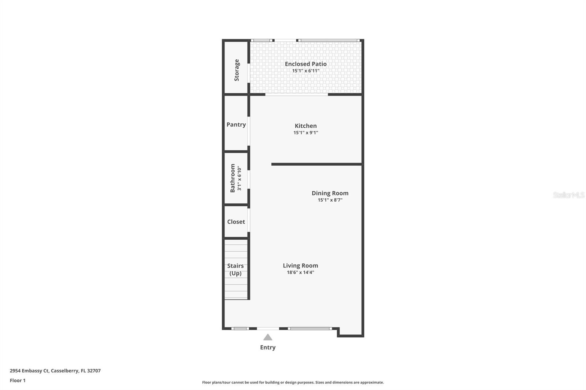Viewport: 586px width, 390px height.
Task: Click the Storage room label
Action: point(237,70)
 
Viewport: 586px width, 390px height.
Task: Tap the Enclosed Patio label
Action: point(305,64)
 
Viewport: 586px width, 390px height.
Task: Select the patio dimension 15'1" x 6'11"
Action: point(305,71)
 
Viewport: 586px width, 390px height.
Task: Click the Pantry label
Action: point(236,124)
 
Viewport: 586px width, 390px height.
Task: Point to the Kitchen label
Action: point(305,126)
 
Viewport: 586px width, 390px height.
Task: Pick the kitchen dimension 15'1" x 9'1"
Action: point(305,133)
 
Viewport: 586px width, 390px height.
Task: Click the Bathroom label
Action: point(233,178)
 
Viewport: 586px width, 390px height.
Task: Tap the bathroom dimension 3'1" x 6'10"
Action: point(240,179)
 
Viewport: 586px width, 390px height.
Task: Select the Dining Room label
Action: point(330,193)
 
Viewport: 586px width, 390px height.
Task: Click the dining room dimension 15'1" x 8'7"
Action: point(330,200)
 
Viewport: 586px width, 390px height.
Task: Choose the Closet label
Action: point(236,222)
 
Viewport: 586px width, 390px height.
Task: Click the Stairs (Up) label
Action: point(235,270)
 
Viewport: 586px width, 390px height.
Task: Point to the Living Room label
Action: point(300,266)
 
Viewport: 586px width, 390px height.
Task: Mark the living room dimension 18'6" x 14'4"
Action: point(300,273)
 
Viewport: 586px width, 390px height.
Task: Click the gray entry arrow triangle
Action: point(268,337)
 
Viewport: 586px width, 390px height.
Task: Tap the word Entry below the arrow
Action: point(268,348)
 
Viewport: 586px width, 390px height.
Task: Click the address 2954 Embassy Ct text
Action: point(55,371)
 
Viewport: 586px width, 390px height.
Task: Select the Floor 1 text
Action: point(18,380)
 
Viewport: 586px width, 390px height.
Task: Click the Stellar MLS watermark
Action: point(568,195)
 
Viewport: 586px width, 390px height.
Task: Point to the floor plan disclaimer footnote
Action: point(293,382)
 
